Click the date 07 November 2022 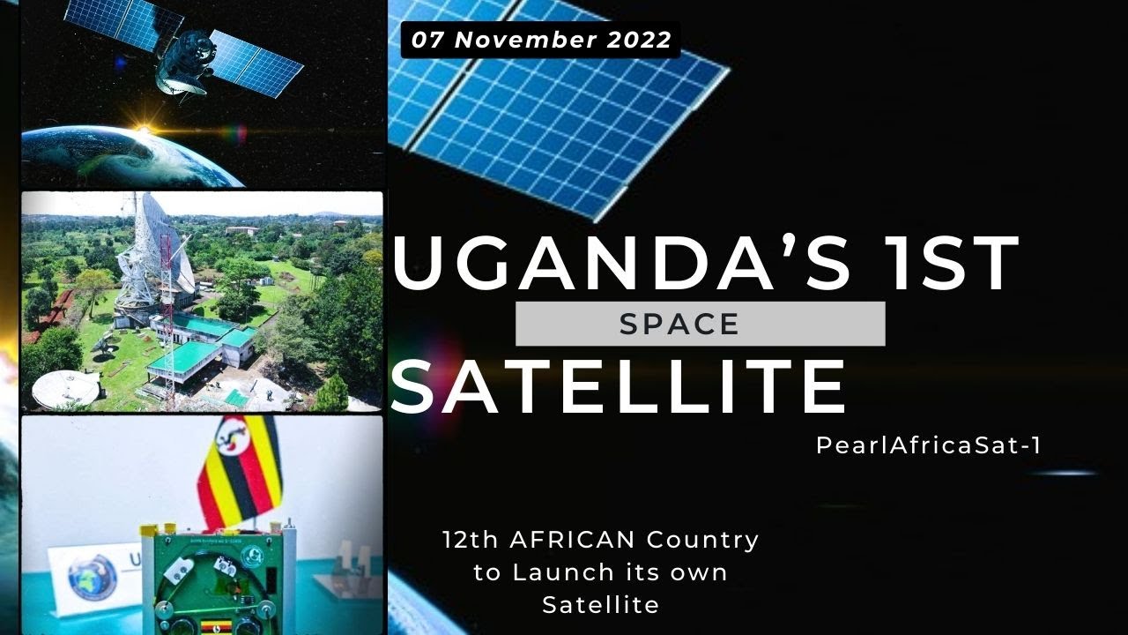pos(540,40)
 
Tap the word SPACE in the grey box pos(679,324)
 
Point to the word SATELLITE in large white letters pos(617,387)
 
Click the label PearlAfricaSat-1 pos(929,446)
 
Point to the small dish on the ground pos(65,388)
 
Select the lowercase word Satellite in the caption pos(600,605)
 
